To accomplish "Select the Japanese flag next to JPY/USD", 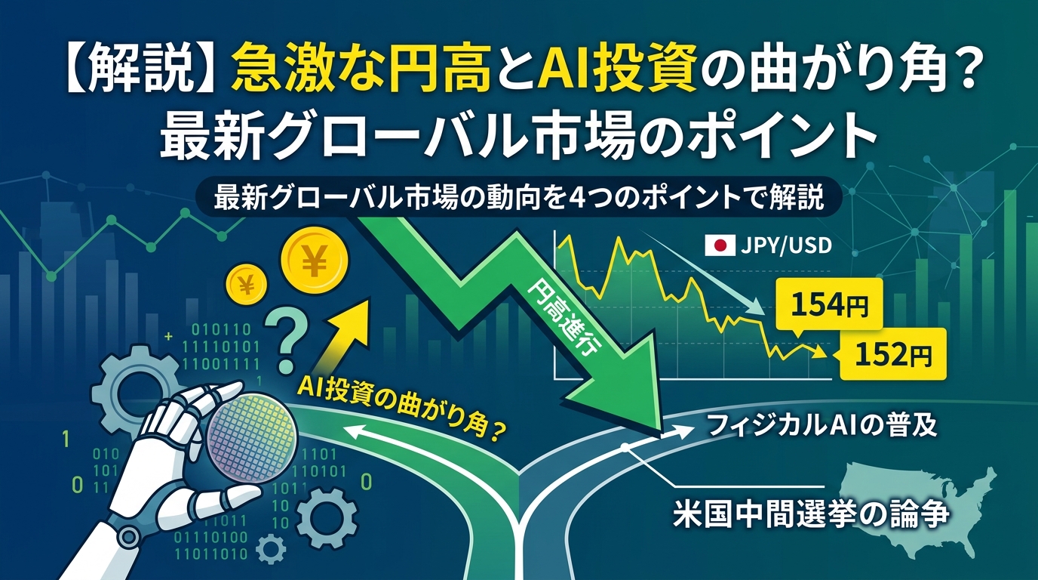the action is pos(720,245).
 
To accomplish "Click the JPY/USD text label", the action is pos(786,245).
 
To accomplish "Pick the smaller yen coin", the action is pos(246,284).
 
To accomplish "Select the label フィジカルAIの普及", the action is pos(822,425).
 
